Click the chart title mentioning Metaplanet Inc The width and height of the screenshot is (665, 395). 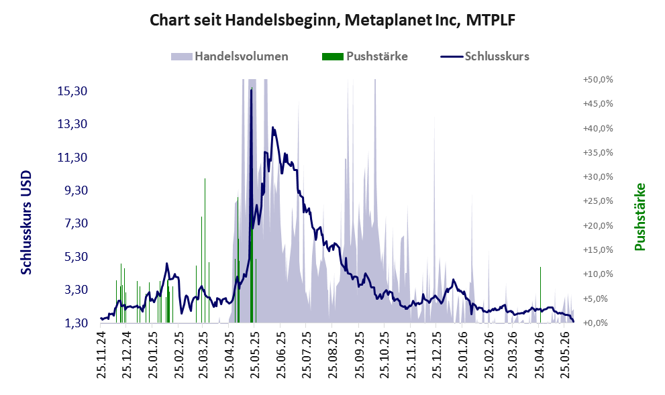333,20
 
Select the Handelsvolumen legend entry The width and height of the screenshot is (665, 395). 229,56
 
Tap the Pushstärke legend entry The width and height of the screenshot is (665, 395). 365,56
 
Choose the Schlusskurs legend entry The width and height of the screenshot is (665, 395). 484,56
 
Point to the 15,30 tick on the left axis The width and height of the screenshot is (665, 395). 72,91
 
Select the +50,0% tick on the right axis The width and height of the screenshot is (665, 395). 598,80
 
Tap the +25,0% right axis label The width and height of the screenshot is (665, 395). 598,201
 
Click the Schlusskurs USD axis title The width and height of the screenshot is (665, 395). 26,223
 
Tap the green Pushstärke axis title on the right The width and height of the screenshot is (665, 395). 640,217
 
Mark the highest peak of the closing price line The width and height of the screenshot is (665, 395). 251,91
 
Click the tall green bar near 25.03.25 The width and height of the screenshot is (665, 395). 205,250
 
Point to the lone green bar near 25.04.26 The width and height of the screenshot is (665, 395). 540,295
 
